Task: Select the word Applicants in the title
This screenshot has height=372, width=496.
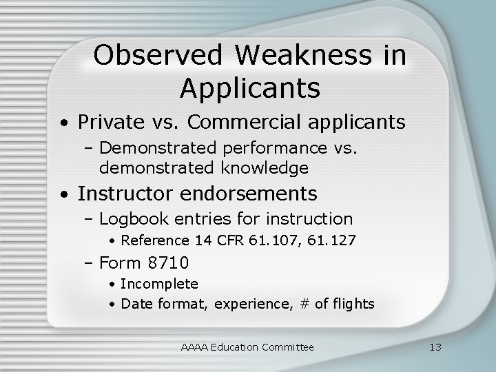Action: pos(249,87)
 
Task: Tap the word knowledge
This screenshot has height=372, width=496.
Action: pos(265,167)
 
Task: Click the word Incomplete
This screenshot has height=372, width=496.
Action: pos(159,284)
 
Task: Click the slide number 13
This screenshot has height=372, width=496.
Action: pos(434,347)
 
